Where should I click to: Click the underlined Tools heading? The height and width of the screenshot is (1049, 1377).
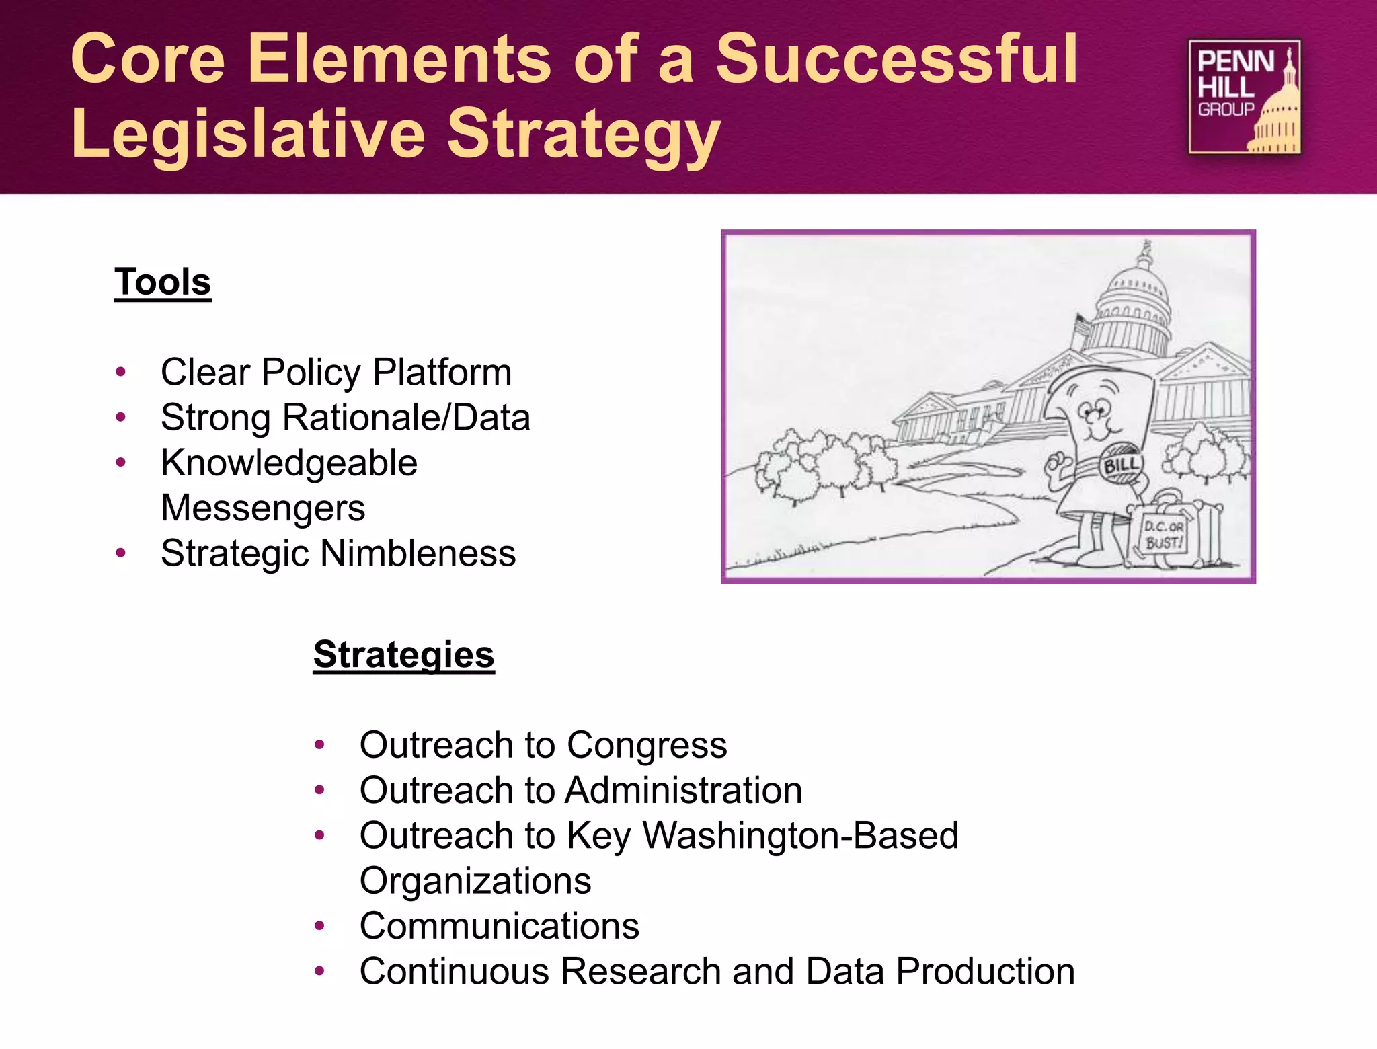(163, 282)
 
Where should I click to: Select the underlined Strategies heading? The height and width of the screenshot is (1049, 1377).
(403, 654)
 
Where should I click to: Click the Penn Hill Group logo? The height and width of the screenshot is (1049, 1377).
(1244, 97)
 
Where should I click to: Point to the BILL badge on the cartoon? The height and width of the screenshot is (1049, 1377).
(1121, 464)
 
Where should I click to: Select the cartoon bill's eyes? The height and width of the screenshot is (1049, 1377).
(1093, 408)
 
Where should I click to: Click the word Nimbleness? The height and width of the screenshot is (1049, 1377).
(418, 553)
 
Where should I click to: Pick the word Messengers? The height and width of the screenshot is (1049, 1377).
(263, 508)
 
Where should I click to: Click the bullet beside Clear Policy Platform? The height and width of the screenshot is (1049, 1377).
(121, 372)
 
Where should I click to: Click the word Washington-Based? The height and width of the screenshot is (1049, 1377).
(800, 836)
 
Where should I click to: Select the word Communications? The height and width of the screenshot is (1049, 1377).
(499, 926)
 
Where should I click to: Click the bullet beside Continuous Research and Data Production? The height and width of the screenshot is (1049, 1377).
(320, 971)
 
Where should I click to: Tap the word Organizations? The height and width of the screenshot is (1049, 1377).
(475, 881)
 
